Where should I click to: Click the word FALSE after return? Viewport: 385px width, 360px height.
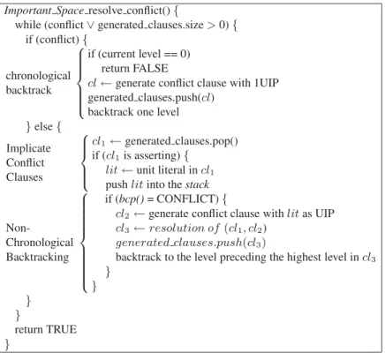[x=151, y=69]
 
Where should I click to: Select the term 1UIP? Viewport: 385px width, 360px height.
[x=266, y=83]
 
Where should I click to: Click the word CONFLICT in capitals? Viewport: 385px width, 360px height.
[x=187, y=199]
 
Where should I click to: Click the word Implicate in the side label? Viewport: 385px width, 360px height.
[x=28, y=148]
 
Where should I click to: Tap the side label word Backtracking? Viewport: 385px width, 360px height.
[x=37, y=258]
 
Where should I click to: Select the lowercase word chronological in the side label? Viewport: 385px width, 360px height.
[x=38, y=76]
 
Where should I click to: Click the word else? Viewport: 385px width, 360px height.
[x=43, y=127]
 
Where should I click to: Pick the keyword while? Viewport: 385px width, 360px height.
[x=28, y=25]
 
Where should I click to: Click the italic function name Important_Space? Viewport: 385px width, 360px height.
[x=44, y=11]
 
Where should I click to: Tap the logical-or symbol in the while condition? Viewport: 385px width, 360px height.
[x=90, y=26]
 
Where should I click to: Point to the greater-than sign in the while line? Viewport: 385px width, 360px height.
[x=211, y=26]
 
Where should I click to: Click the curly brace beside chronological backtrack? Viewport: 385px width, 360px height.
[x=79, y=83]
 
